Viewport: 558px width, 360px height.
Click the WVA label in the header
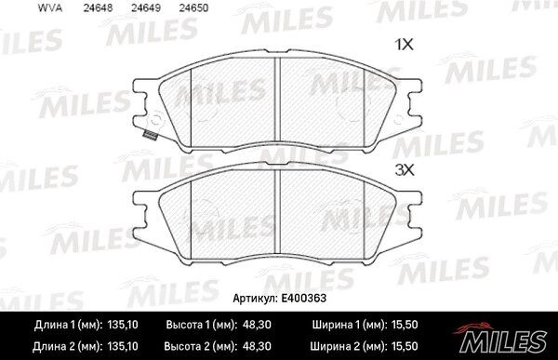pyautogui.click(x=50, y=8)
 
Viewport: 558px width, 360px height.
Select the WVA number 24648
pyautogui.click(x=98, y=8)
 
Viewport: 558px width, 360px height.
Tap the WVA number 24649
pyautogui.click(x=146, y=8)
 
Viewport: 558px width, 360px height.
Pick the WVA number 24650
pyautogui.click(x=193, y=8)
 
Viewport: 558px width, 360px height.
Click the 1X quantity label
pyautogui.click(x=405, y=45)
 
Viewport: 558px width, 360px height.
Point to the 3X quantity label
pyautogui.click(x=405, y=170)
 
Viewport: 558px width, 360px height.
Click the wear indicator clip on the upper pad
pyautogui.click(x=150, y=135)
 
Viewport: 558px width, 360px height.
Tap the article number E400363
pyautogui.click(x=303, y=298)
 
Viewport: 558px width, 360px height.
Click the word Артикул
pyautogui.click(x=255, y=299)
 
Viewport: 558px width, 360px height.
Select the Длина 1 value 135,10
pyautogui.click(x=123, y=325)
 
